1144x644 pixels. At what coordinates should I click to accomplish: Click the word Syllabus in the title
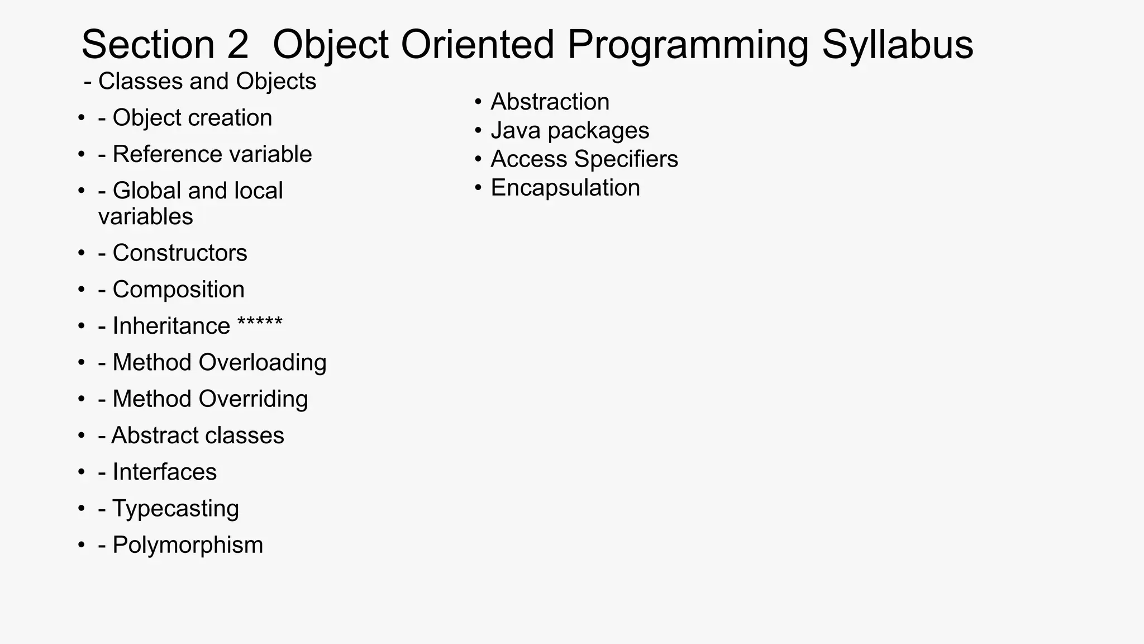pyautogui.click(x=897, y=45)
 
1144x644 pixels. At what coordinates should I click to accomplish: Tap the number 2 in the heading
pyautogui.click(x=237, y=45)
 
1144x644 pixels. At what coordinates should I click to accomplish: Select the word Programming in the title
pyautogui.click(x=688, y=45)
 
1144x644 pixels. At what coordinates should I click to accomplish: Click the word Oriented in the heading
pyautogui.click(x=478, y=45)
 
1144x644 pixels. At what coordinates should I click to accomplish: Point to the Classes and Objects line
pyautogui.click(x=200, y=82)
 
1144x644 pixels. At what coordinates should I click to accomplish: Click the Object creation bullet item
pyautogui.click(x=185, y=118)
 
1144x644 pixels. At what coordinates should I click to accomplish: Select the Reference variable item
pyautogui.click(x=205, y=154)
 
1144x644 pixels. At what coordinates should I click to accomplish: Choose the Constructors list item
pyautogui.click(x=173, y=253)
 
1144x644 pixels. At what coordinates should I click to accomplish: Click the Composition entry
pyautogui.click(x=171, y=290)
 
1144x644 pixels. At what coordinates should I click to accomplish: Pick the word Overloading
pyautogui.click(x=263, y=363)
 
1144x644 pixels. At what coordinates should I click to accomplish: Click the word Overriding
pyautogui.click(x=253, y=399)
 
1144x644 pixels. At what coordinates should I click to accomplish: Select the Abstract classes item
pyautogui.click(x=191, y=435)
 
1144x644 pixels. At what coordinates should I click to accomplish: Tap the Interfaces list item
pyautogui.click(x=158, y=472)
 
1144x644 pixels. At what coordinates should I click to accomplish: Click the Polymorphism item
pyautogui.click(x=180, y=545)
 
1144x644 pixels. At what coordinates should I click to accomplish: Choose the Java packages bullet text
pyautogui.click(x=570, y=131)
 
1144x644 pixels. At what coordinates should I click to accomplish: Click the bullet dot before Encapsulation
pyautogui.click(x=478, y=188)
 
